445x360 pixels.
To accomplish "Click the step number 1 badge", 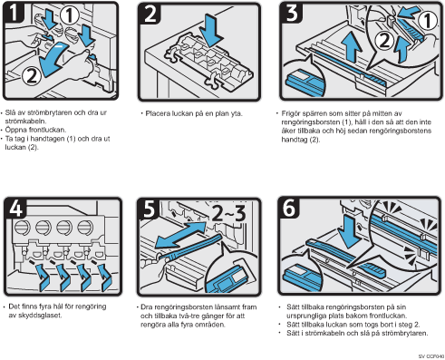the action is [x=13, y=12].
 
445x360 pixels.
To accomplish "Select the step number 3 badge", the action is [x=292, y=13].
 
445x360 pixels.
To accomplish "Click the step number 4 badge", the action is [x=15, y=208].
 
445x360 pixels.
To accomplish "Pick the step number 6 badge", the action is [x=289, y=208].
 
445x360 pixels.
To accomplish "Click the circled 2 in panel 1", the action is [x=32, y=75].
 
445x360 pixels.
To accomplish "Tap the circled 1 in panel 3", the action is [x=427, y=21].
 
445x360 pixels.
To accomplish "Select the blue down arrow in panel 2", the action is [x=213, y=30].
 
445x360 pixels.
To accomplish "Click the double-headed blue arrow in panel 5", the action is [x=180, y=234].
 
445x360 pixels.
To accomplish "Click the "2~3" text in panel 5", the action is [x=229, y=213].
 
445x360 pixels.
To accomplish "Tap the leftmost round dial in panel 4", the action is [x=23, y=227].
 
